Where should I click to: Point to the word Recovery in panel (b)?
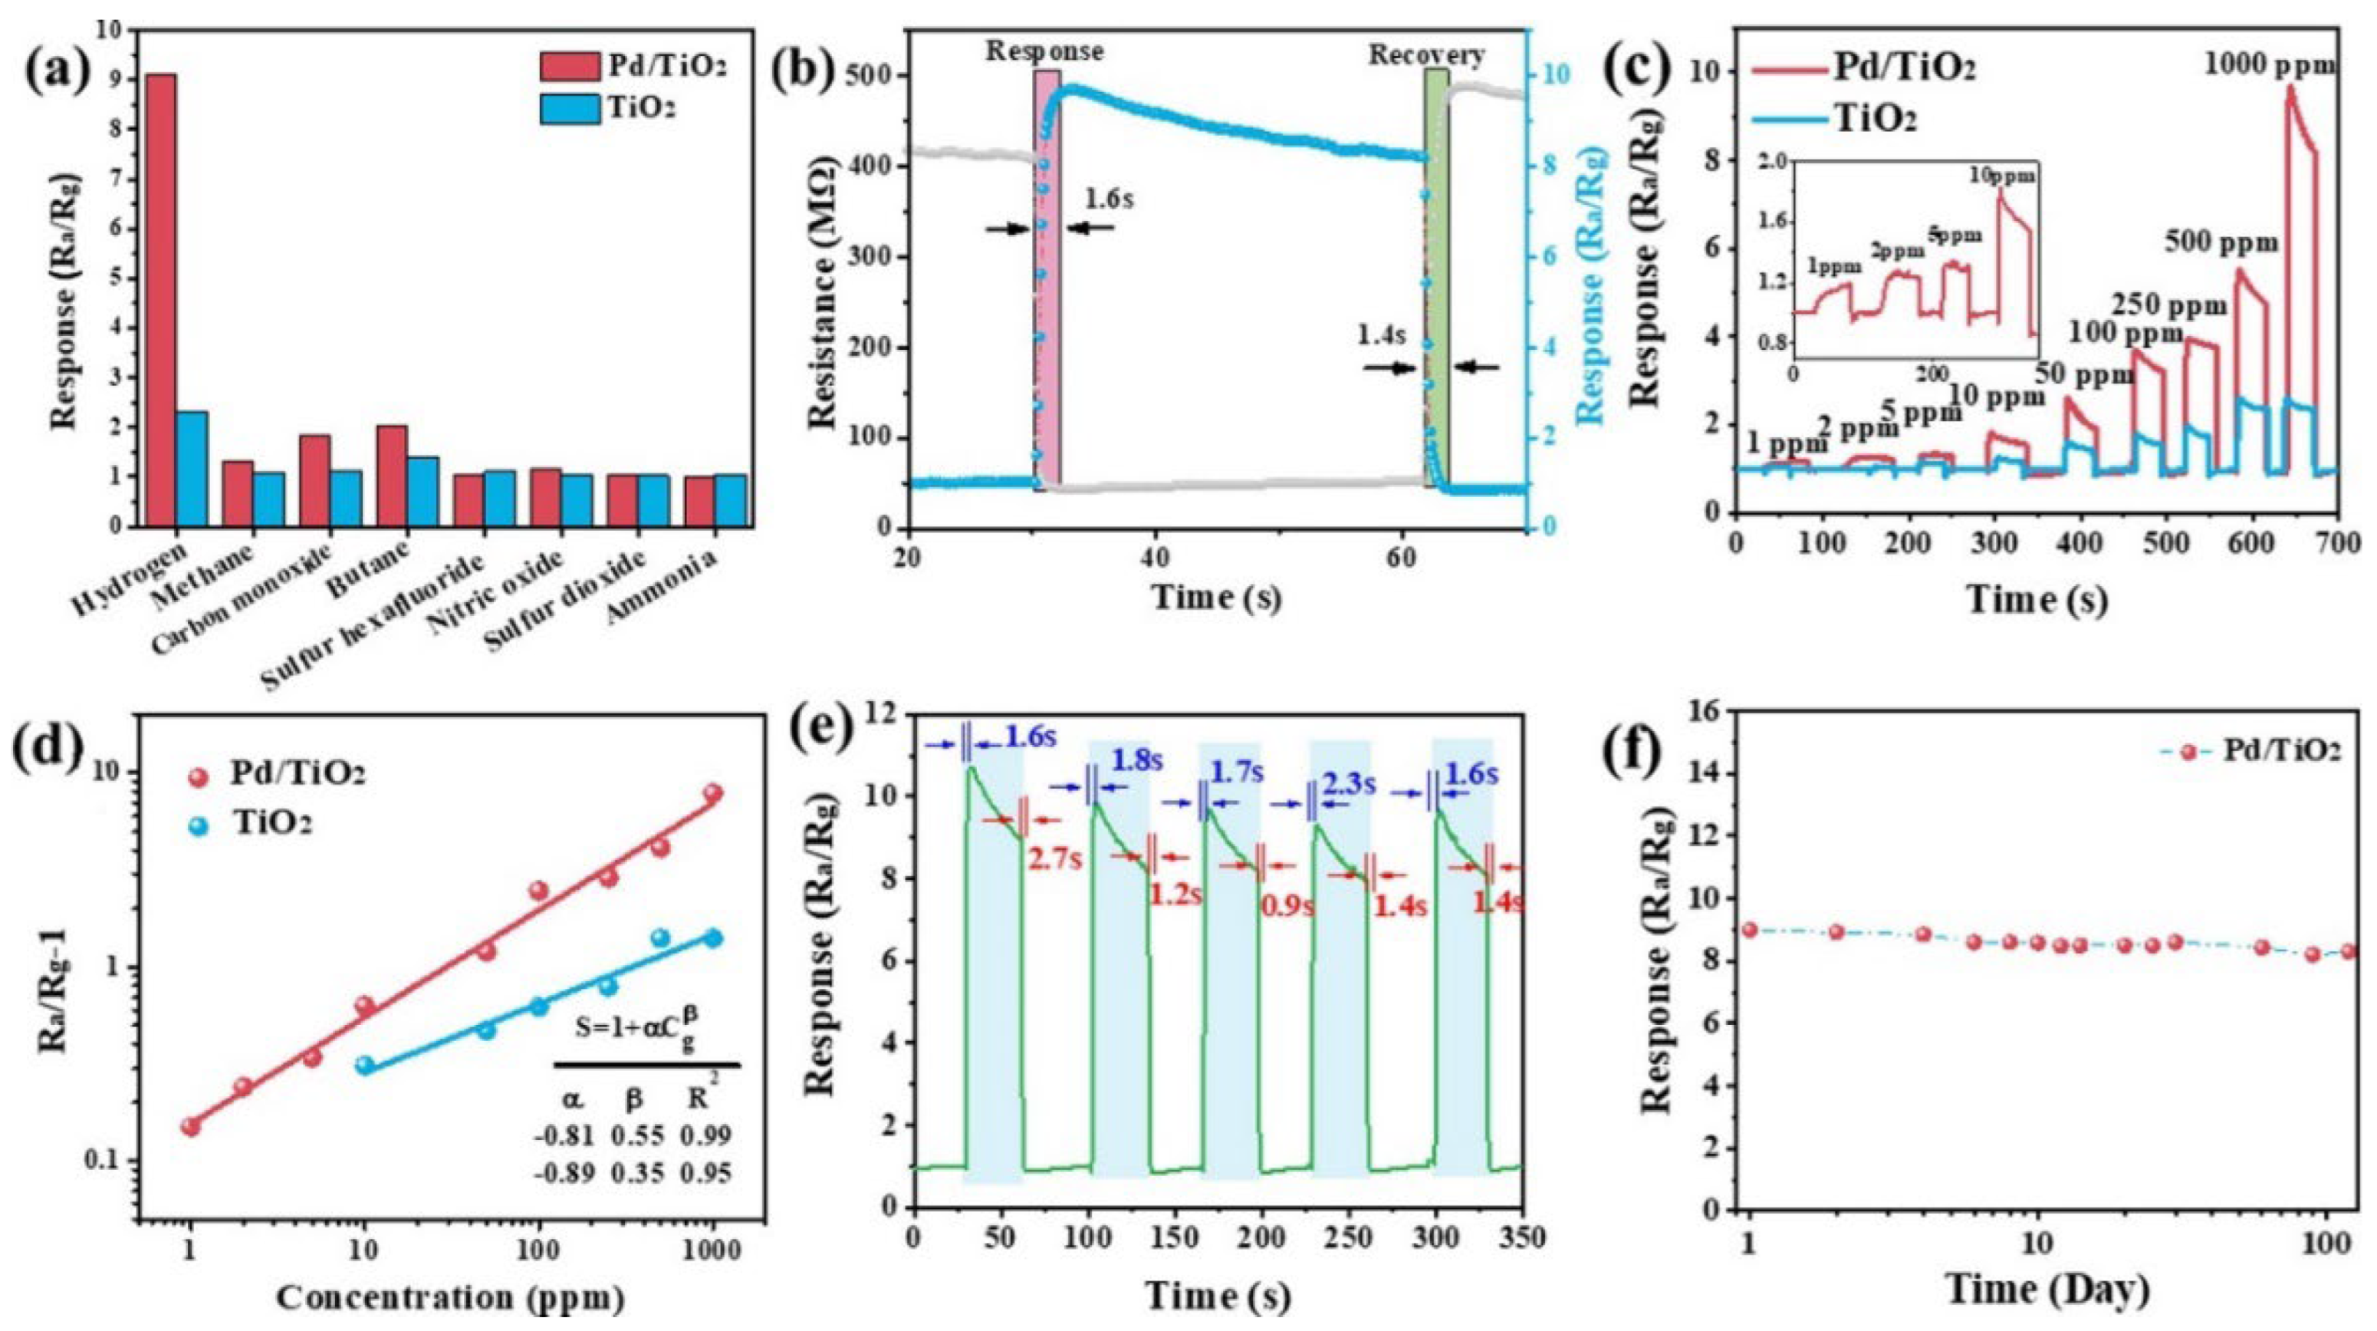coord(1425,55)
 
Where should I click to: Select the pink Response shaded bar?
coord(1047,277)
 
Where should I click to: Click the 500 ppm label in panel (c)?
coord(2221,244)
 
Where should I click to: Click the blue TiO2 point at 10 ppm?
coord(366,1065)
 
